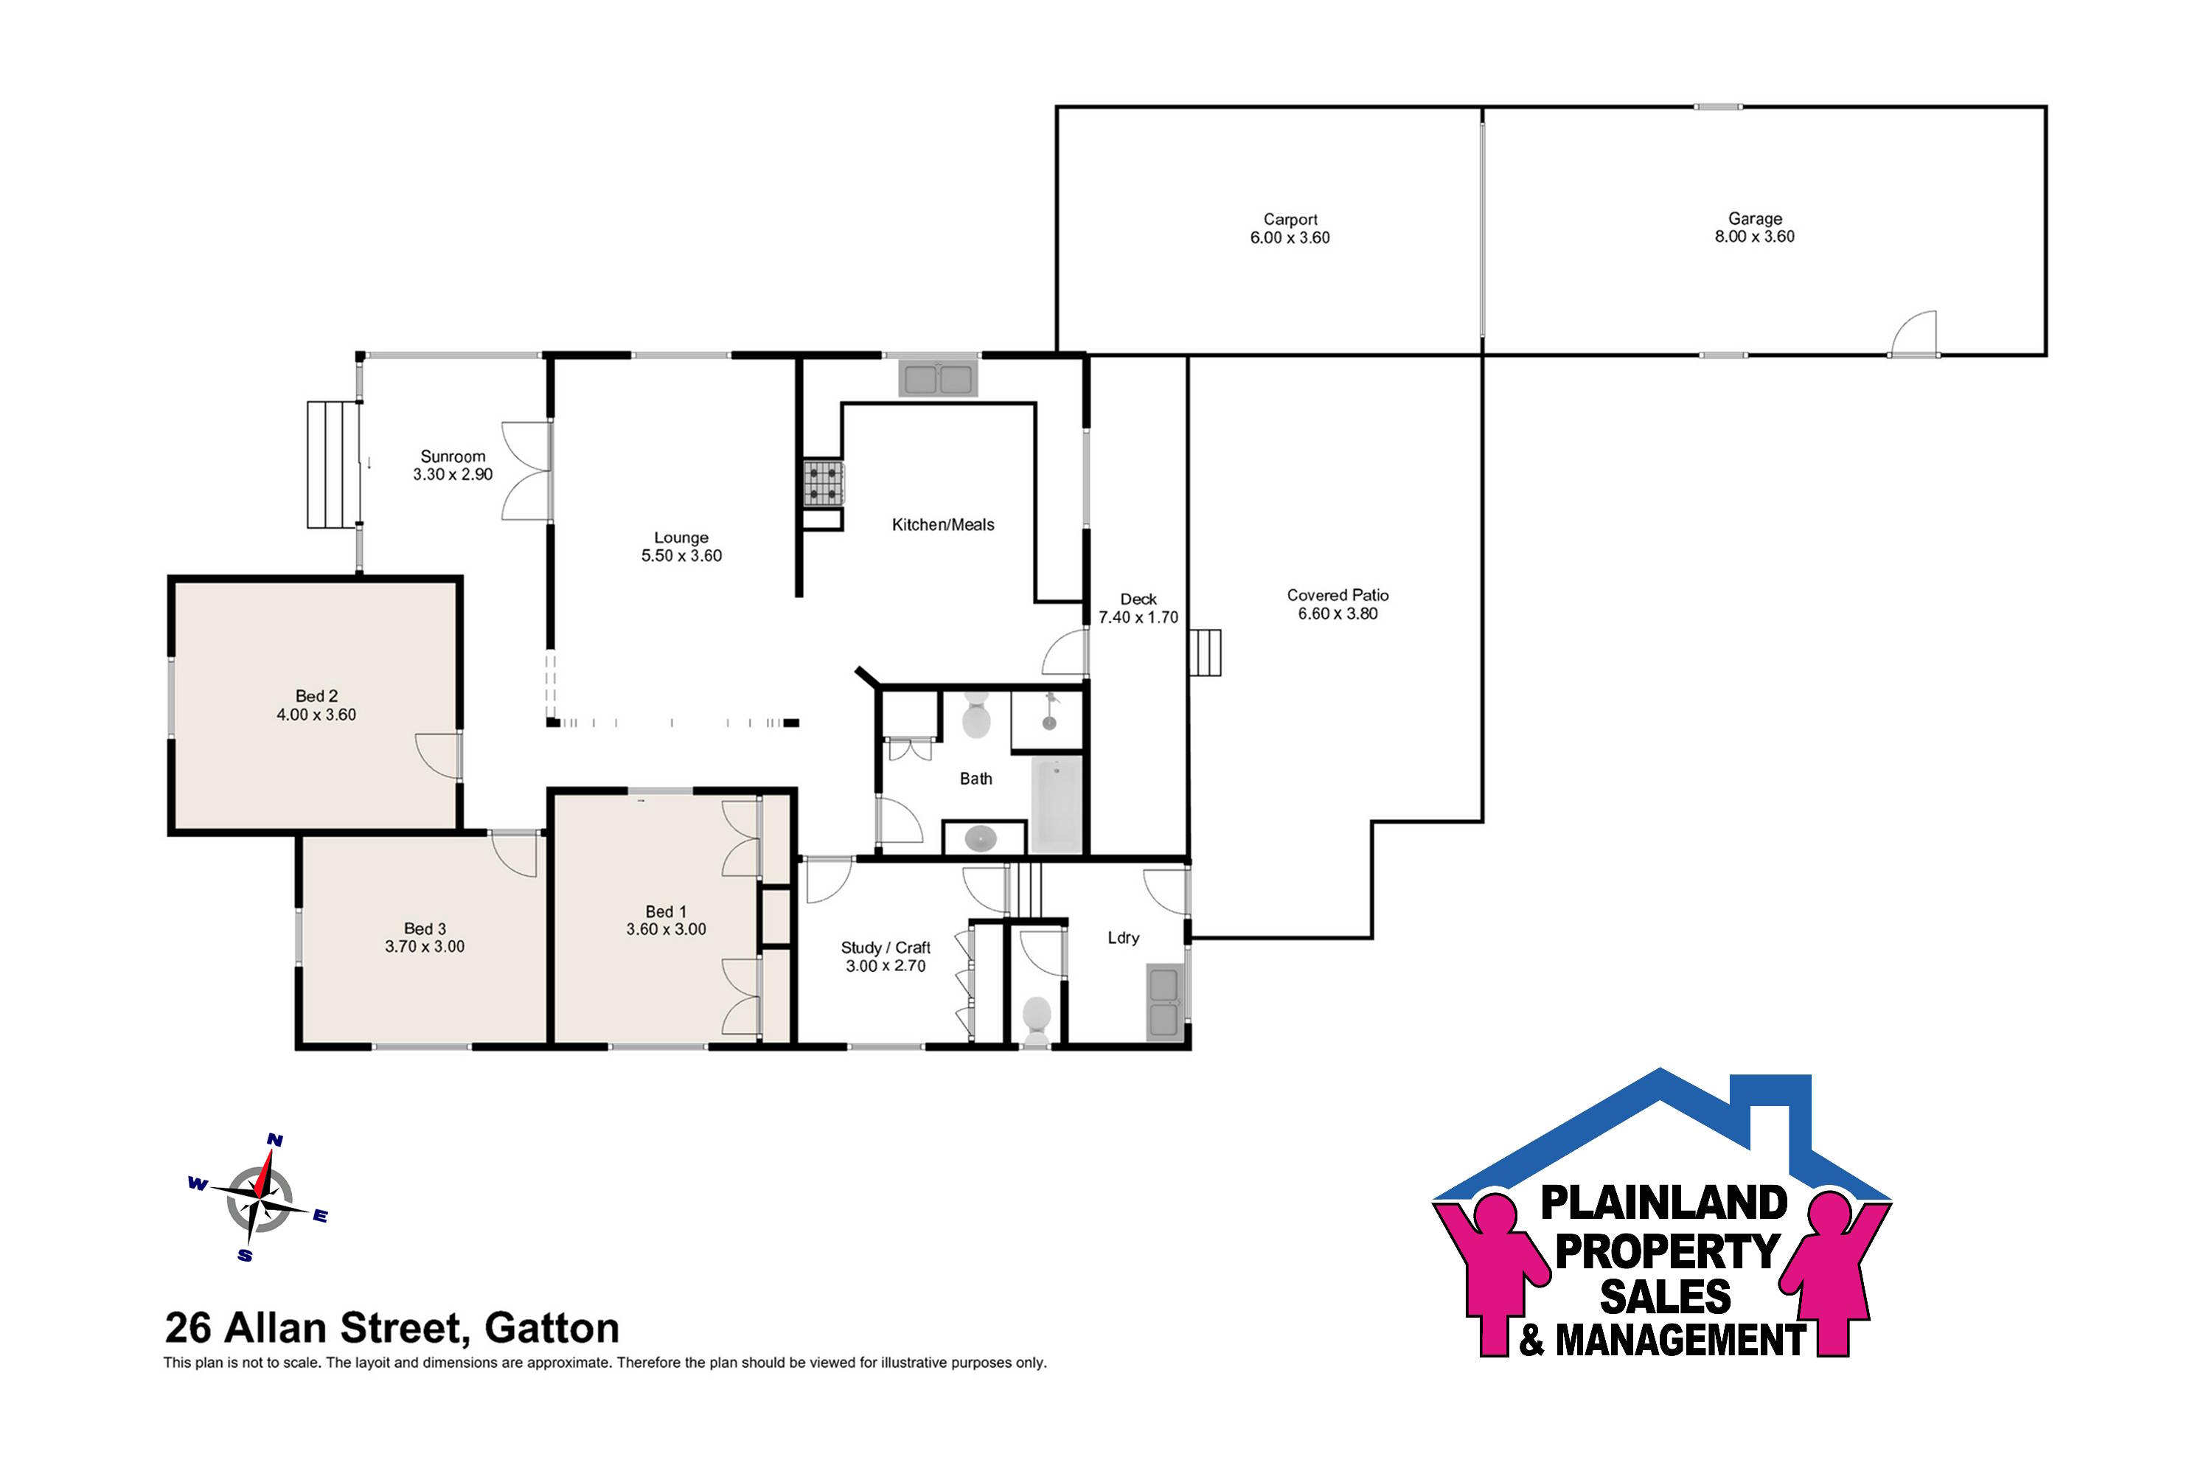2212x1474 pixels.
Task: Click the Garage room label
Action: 1754,218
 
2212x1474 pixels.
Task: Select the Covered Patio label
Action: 1338,595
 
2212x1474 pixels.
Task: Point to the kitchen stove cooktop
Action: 823,484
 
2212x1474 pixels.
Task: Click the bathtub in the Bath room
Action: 1057,804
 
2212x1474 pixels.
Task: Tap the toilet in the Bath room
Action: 977,715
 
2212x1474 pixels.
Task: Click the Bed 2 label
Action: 317,695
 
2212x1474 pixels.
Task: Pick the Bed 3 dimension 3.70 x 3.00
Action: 425,947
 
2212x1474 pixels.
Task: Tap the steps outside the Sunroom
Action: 334,465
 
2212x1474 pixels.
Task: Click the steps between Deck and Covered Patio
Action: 1206,653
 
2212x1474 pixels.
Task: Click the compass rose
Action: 259,1198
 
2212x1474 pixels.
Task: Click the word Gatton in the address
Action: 552,1328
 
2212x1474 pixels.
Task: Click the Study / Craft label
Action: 886,948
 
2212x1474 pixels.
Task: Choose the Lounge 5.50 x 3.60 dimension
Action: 681,555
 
